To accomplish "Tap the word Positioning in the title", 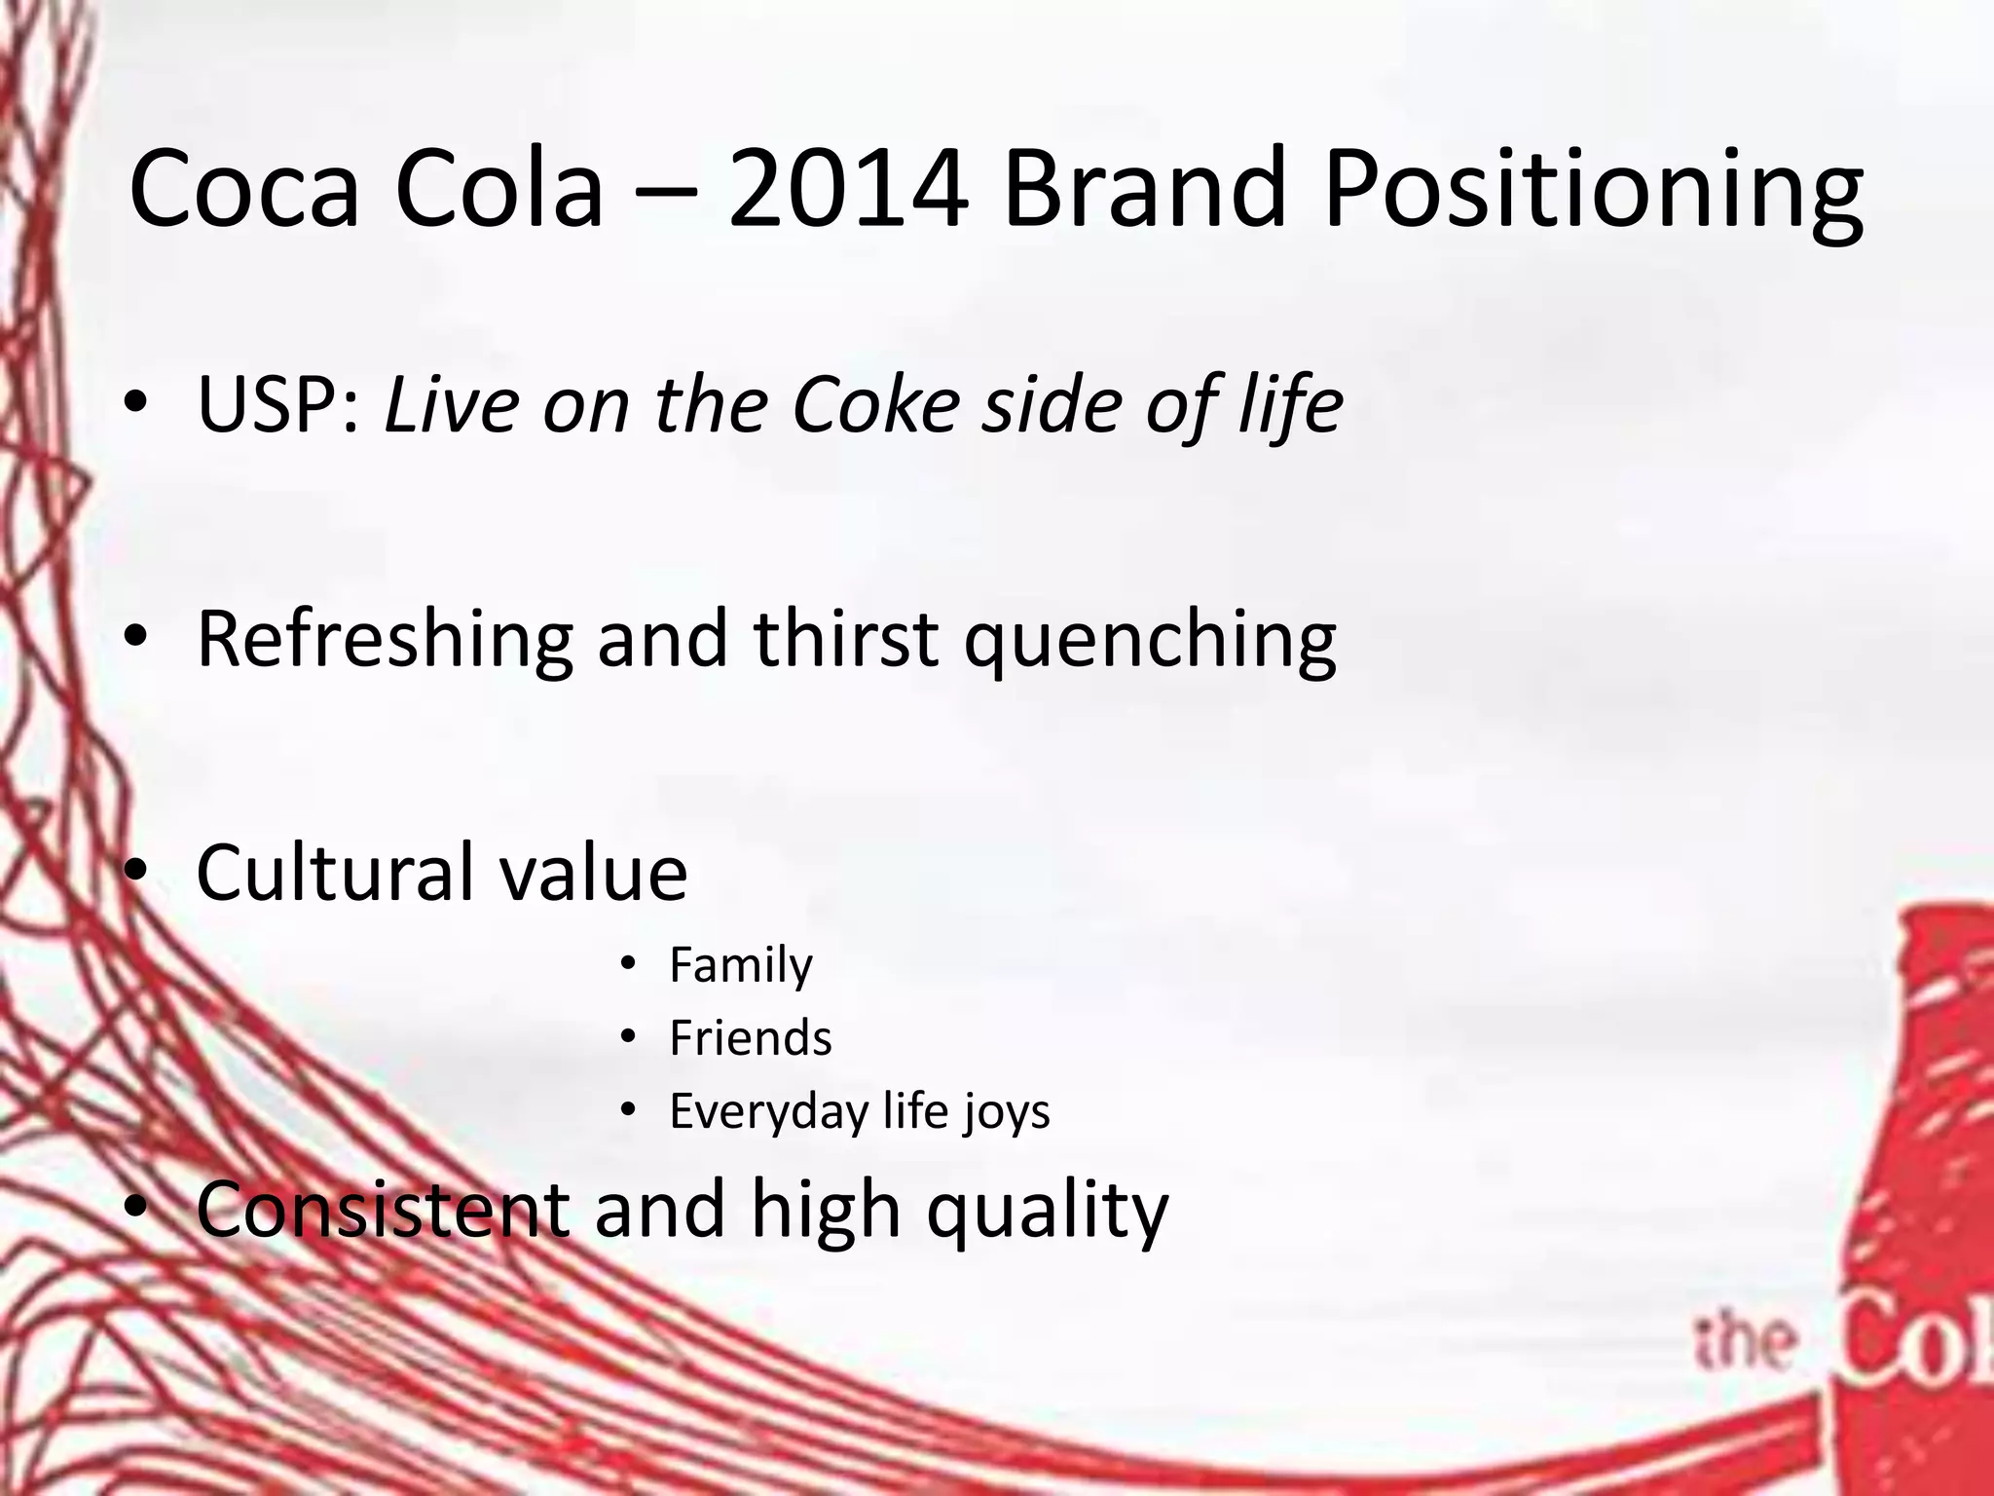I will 1593,190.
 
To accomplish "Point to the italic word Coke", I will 876,404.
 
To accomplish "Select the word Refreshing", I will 385,641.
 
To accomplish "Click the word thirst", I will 846,639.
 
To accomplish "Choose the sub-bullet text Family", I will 740,966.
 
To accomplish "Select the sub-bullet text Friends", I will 750,1038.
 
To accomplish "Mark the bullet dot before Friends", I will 628,1036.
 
